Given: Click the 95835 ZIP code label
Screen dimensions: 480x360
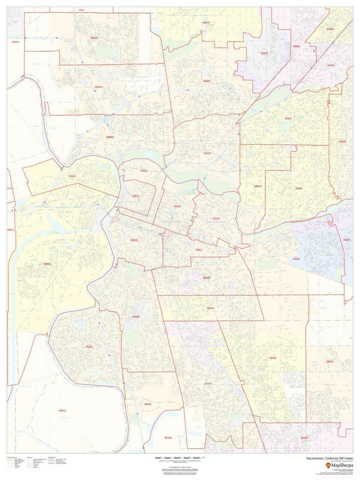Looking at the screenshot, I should click(94, 38).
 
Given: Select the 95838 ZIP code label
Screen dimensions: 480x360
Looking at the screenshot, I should click(206, 81).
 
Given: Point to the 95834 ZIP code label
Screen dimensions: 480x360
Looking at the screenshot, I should click(98, 87).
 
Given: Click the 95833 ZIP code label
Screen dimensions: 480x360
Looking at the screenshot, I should click(110, 137).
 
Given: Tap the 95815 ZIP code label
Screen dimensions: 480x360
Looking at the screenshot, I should click(207, 153).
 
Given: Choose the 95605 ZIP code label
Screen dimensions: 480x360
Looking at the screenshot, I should click(72, 176).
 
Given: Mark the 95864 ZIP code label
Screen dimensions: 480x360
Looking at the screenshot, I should click(299, 188).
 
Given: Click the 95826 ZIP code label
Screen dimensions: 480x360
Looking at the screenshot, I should click(296, 259).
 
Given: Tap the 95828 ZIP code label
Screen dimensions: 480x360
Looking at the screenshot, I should click(272, 358).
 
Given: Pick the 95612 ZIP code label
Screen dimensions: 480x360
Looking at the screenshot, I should click(62, 411).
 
